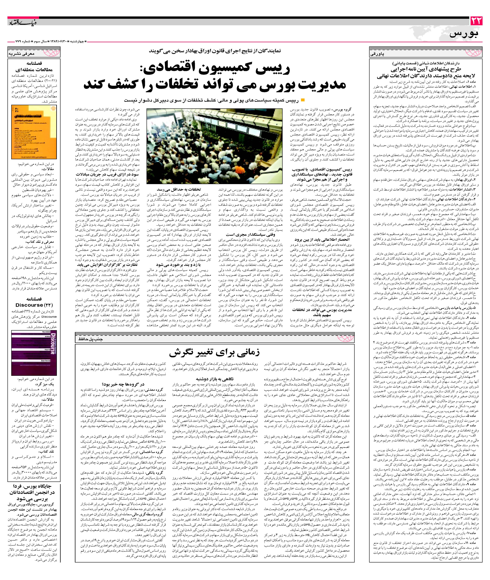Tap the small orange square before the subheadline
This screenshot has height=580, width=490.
(x=303, y=100)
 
